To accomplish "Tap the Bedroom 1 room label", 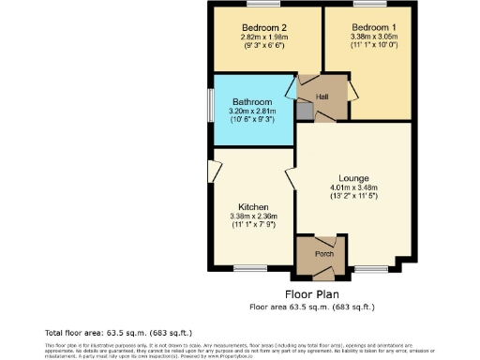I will [367, 26].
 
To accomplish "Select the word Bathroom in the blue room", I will [252, 102].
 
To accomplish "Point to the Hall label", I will [322, 97].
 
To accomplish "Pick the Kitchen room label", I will [253, 207].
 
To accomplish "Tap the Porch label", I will [323, 254].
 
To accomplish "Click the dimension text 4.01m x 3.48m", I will [352, 187].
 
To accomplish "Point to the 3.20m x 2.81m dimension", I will [252, 112].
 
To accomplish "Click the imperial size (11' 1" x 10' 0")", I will [367, 45].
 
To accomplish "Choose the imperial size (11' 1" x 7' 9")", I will [253, 226].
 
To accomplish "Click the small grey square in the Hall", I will [303, 109].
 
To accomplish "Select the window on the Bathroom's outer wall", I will [210, 109].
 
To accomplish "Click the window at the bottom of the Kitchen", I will [247, 269].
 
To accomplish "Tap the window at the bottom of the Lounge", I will [367, 269].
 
